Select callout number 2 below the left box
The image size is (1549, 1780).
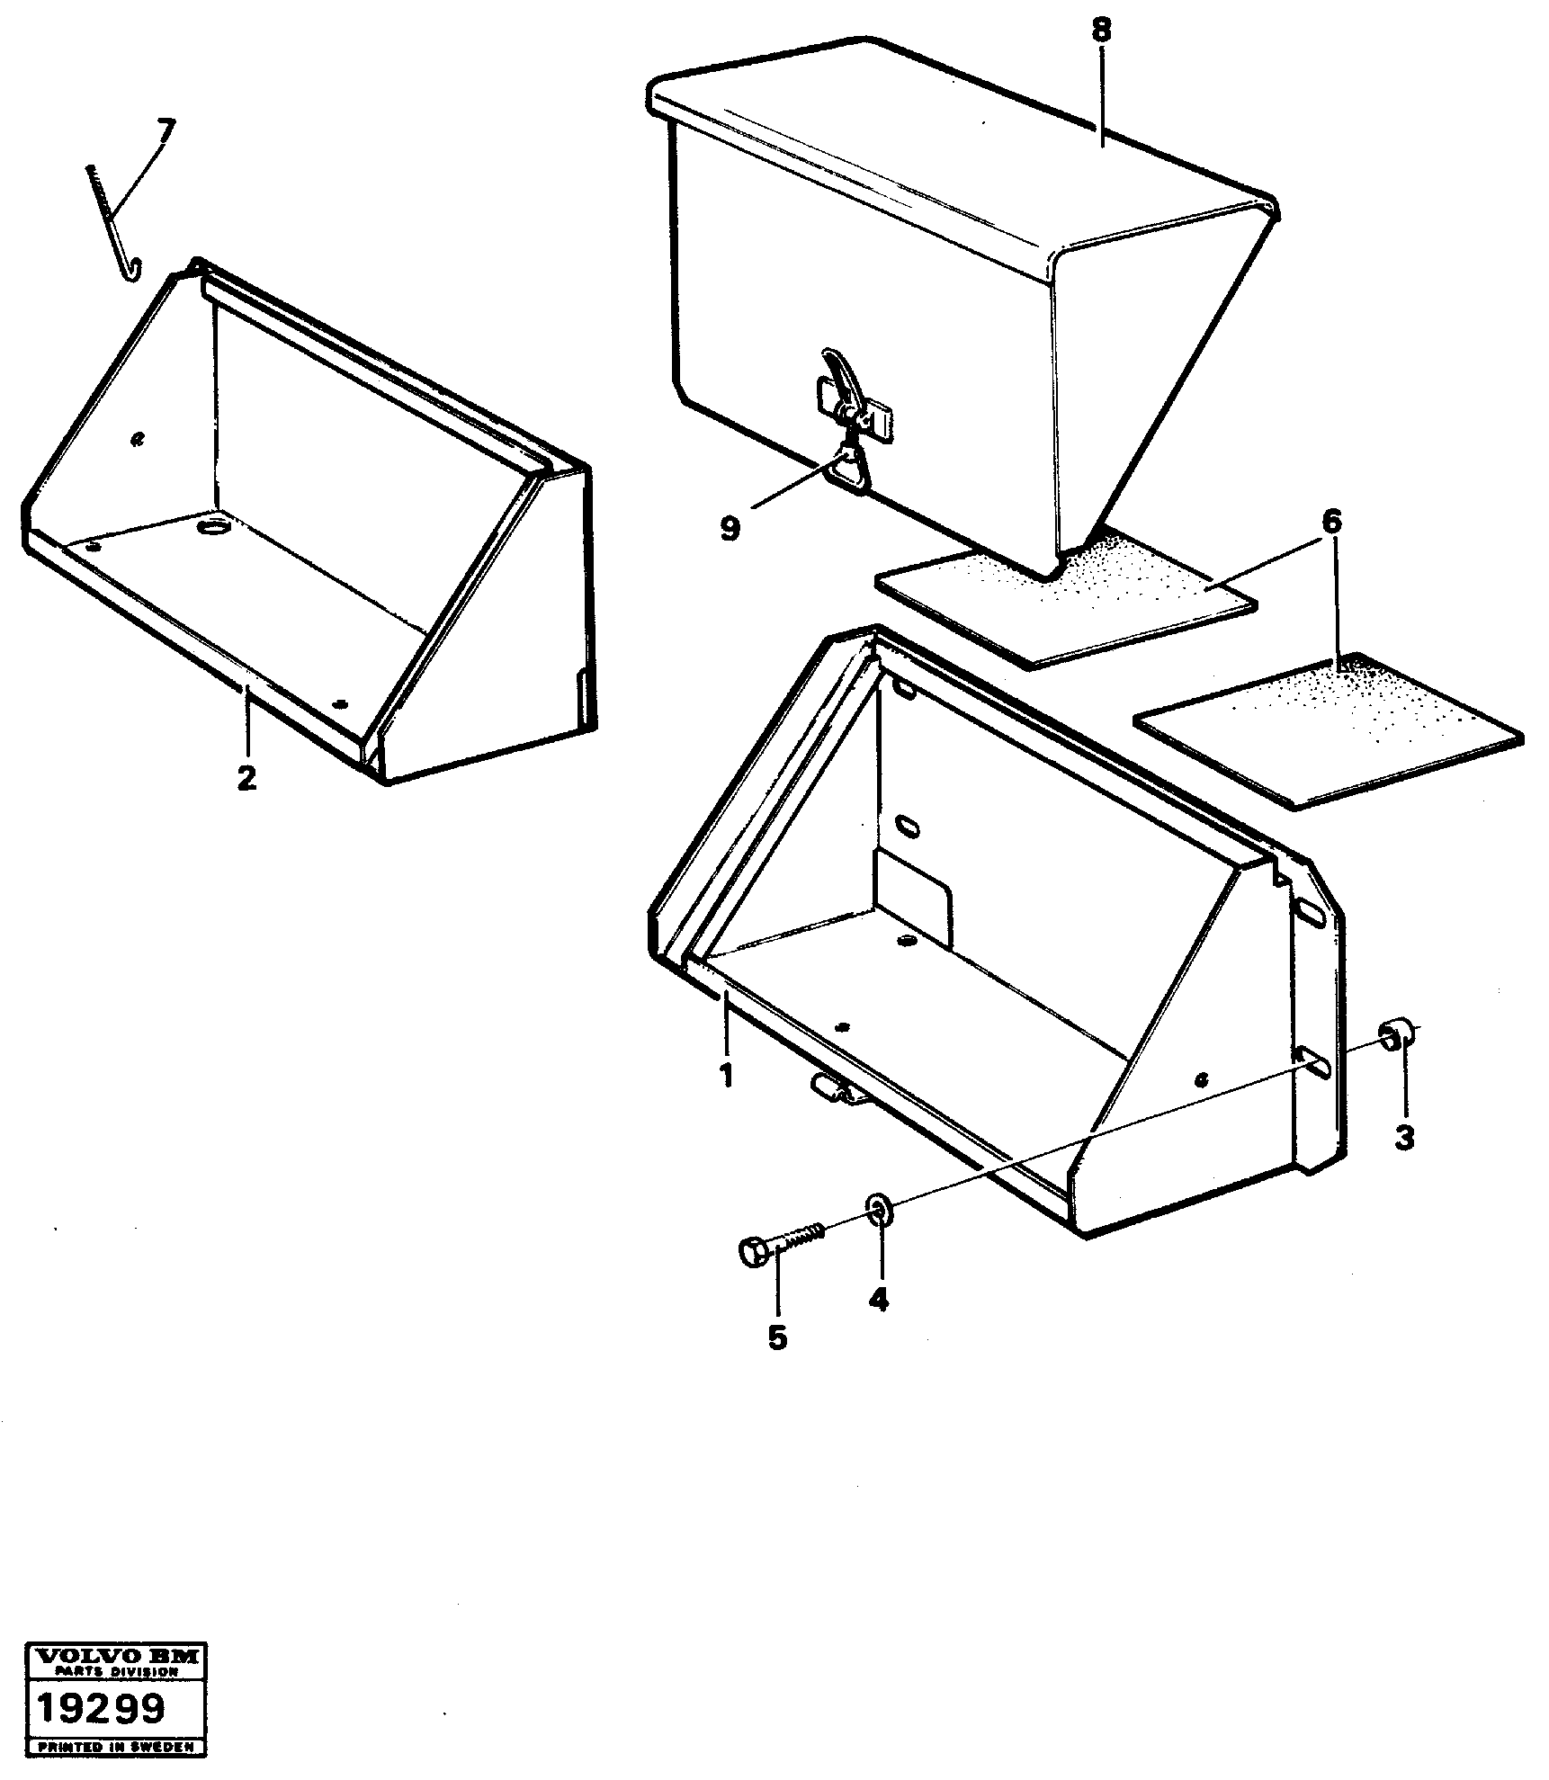pyautogui.click(x=246, y=777)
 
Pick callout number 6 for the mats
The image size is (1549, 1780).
pyautogui.click(x=1332, y=521)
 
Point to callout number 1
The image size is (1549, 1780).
pyautogui.click(x=725, y=1074)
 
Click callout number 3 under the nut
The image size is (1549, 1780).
pyautogui.click(x=1404, y=1137)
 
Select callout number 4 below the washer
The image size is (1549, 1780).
pyautogui.click(x=878, y=1299)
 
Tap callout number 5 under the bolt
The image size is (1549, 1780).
pyautogui.click(x=777, y=1362)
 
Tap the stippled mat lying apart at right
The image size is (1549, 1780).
pyautogui.click(x=1328, y=729)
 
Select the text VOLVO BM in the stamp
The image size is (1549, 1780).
pyautogui.click(x=117, y=1656)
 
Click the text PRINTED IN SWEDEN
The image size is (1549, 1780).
pyautogui.click(x=117, y=1746)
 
